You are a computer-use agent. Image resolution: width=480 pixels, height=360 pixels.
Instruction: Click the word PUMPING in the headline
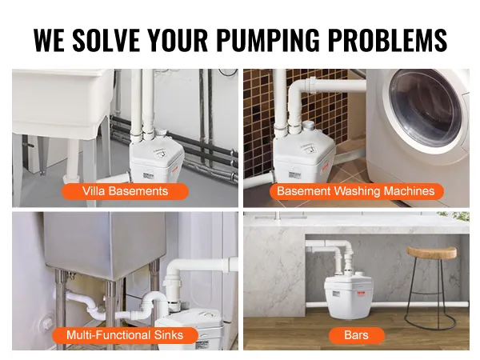coord(268,40)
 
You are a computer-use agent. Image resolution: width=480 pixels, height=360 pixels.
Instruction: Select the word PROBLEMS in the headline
coord(388,40)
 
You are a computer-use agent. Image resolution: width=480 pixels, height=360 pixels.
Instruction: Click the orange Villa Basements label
coord(126,191)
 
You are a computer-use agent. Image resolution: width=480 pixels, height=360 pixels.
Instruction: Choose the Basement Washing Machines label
coord(356,191)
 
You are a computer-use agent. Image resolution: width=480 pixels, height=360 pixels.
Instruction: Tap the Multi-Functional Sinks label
coord(125,335)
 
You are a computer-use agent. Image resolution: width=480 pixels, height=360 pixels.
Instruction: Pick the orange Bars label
coord(356,335)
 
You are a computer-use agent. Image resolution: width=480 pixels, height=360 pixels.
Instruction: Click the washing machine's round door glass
coord(426,109)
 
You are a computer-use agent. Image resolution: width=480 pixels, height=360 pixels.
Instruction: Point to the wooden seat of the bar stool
coord(432,252)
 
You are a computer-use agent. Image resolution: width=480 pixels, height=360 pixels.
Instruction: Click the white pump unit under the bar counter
coord(349,295)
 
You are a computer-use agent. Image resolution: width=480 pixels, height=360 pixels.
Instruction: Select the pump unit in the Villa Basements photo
coord(156,159)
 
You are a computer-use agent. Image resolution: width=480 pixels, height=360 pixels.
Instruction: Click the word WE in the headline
coord(49,40)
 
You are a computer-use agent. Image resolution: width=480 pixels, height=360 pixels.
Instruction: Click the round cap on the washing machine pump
coord(309,125)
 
